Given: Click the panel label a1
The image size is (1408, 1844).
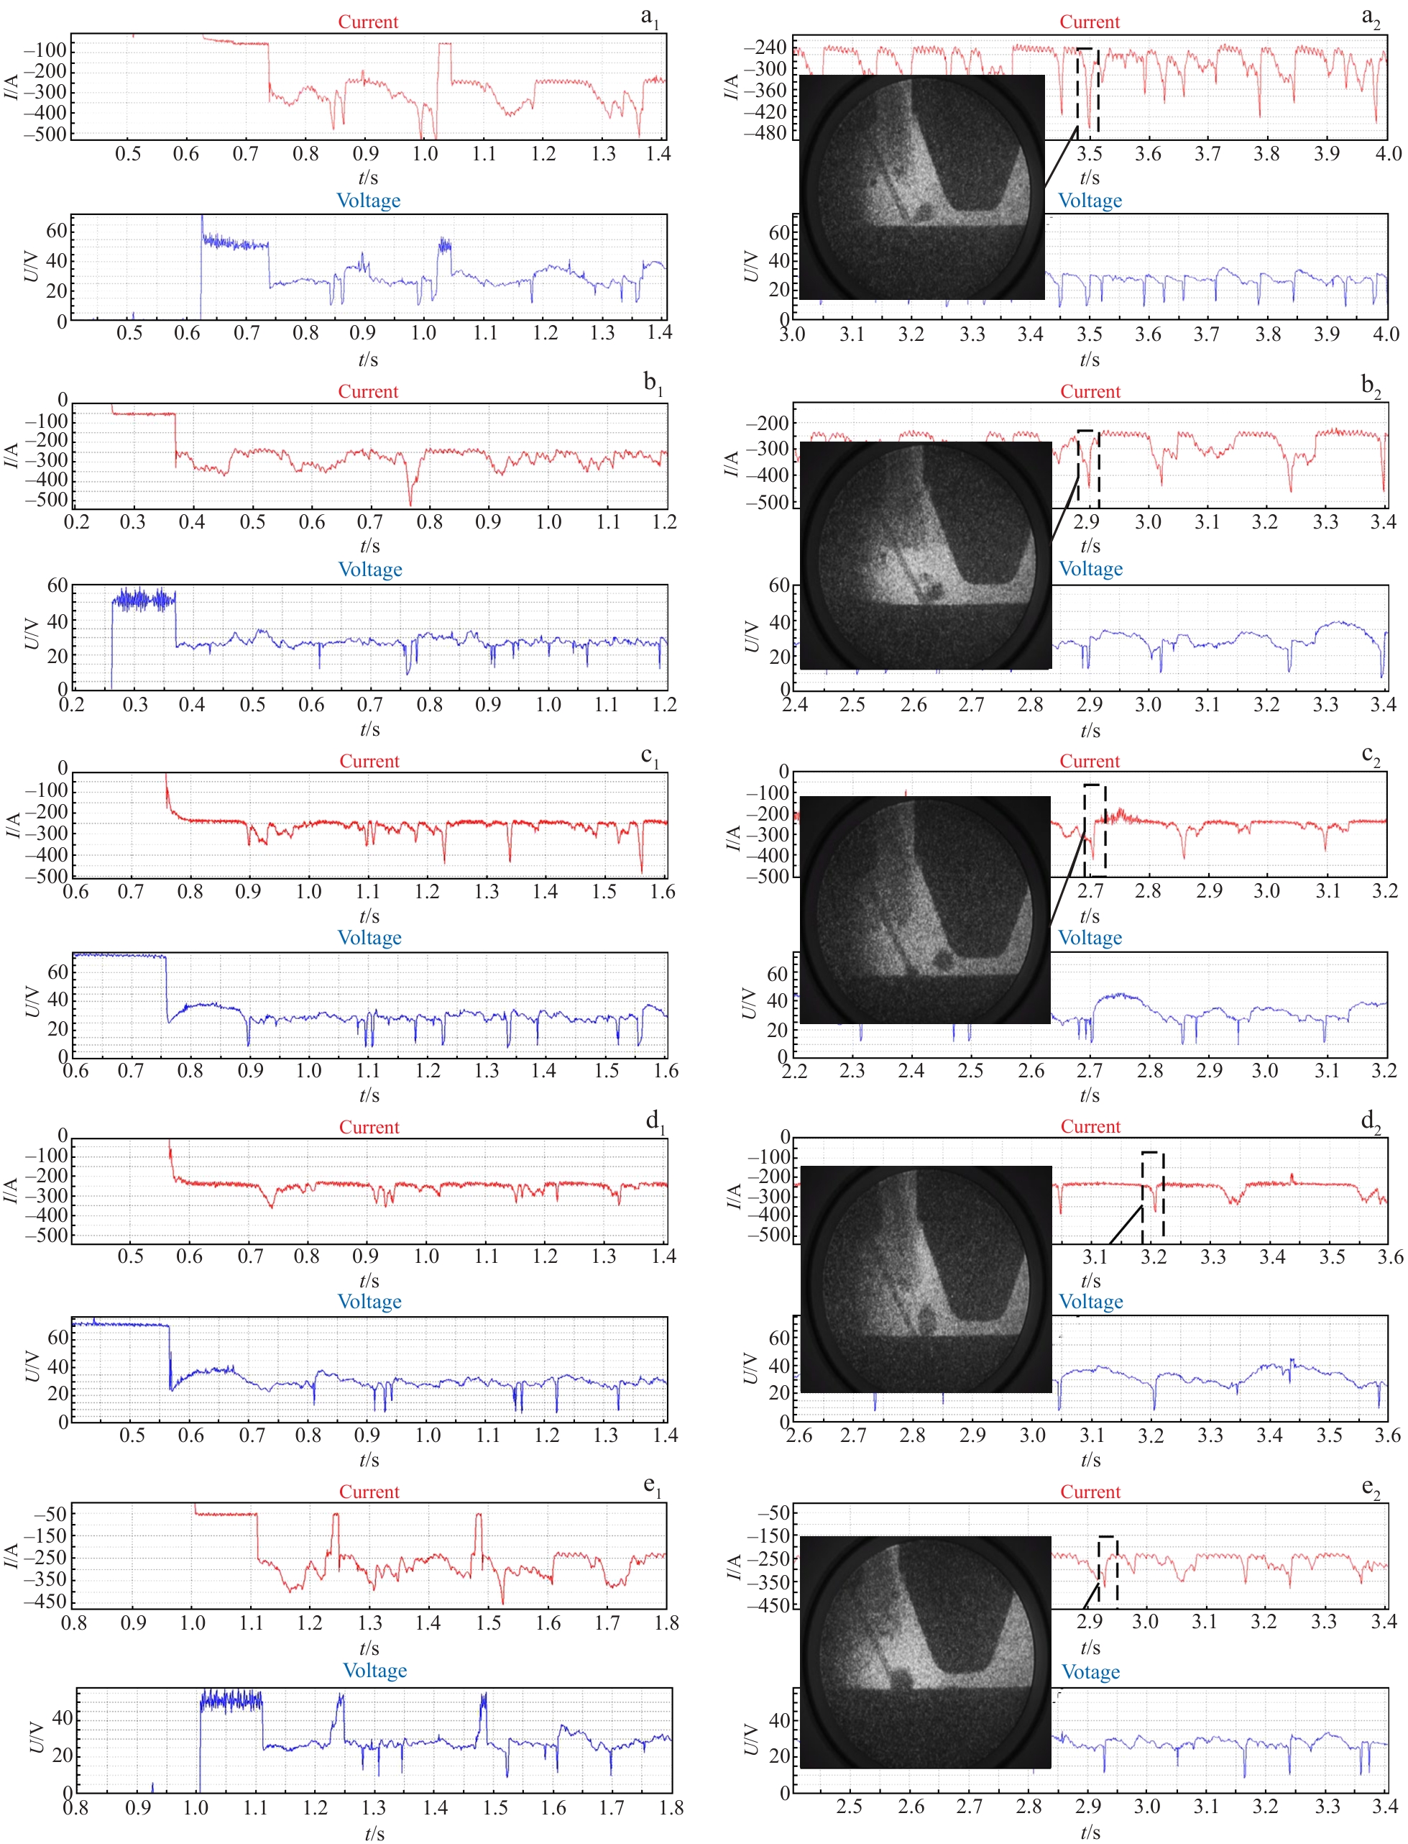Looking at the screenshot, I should click(650, 17).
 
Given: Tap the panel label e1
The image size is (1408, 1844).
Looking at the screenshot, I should click(652, 1486).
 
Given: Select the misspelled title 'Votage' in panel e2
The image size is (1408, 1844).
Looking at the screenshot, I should click(1090, 1671).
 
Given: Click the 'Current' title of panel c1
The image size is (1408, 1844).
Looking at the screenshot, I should click(369, 761).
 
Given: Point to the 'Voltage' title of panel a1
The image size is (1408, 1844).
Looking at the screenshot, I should click(368, 201).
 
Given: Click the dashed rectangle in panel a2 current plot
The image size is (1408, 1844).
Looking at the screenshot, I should click(1088, 90).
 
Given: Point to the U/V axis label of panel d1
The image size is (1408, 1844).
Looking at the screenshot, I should click(32, 1366).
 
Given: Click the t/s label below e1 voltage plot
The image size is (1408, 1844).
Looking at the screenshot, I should click(374, 1832).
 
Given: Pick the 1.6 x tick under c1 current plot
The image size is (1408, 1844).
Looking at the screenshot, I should click(662, 891).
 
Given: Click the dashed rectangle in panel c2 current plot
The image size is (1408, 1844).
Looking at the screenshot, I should click(1095, 830).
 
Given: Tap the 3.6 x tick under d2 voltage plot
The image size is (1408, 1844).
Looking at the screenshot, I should click(1388, 1435).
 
